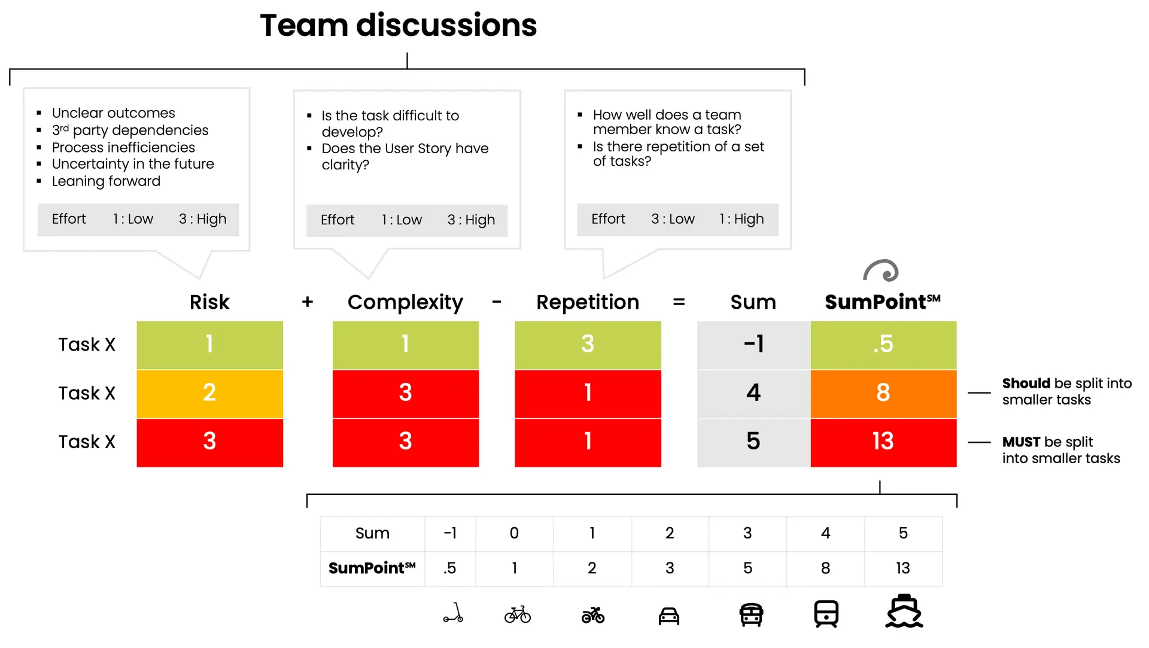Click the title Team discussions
click(398, 26)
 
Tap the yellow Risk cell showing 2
click(209, 394)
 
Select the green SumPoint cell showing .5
click(883, 345)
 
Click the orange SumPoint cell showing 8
click(883, 394)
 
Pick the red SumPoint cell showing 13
click(883, 443)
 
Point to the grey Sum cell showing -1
click(753, 345)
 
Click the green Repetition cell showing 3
click(588, 345)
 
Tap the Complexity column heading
click(405, 303)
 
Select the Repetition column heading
click(588, 303)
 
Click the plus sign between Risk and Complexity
click(308, 302)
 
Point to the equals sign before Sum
click(679, 302)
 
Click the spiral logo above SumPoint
click(881, 270)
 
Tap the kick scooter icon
click(453, 613)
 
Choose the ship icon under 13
click(904, 611)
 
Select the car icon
click(669, 616)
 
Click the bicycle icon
click(518, 614)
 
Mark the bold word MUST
click(1021, 442)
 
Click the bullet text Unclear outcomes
click(113, 113)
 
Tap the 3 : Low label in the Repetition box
click(673, 219)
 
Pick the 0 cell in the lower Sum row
click(514, 533)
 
